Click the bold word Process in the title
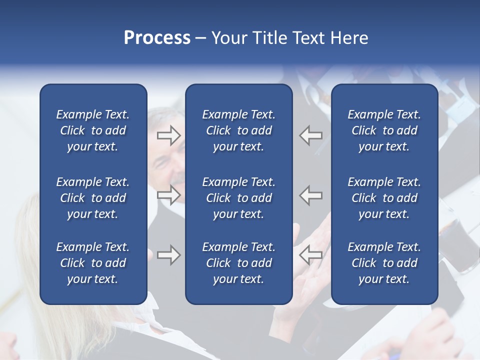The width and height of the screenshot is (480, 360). click(x=157, y=38)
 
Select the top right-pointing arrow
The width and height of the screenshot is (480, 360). click(x=169, y=135)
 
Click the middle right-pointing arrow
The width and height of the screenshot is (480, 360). click(x=169, y=195)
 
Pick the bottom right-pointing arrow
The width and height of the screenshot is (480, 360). click(x=169, y=255)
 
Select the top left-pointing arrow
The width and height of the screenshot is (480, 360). click(x=310, y=135)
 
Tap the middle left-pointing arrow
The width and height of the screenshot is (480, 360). click(x=310, y=195)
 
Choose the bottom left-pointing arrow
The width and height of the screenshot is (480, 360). click(x=310, y=255)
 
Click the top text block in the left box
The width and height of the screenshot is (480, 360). click(x=93, y=130)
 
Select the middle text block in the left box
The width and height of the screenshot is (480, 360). click(x=93, y=198)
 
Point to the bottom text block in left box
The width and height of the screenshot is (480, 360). click(x=93, y=263)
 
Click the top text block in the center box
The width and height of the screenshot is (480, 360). click(x=238, y=130)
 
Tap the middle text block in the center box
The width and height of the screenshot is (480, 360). click(x=238, y=198)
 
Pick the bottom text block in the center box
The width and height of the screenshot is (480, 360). click(x=238, y=263)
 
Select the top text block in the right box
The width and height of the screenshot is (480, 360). click(x=384, y=130)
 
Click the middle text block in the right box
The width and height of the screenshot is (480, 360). click(x=384, y=198)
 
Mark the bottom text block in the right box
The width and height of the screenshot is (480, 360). click(x=384, y=263)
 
